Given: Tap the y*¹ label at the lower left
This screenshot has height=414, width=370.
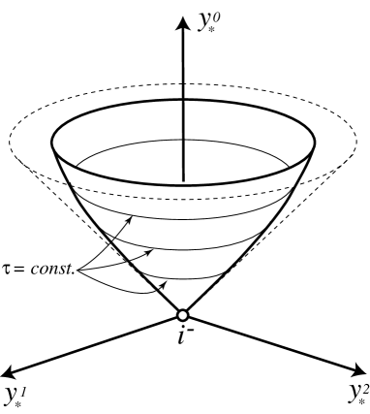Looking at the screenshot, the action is (x=16, y=395).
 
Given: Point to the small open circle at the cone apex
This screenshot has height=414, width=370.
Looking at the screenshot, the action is (x=182, y=314).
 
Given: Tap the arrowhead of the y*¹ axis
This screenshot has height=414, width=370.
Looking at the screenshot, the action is (x=10, y=369).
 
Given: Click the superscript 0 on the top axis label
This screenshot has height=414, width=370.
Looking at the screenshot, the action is (x=215, y=15).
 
